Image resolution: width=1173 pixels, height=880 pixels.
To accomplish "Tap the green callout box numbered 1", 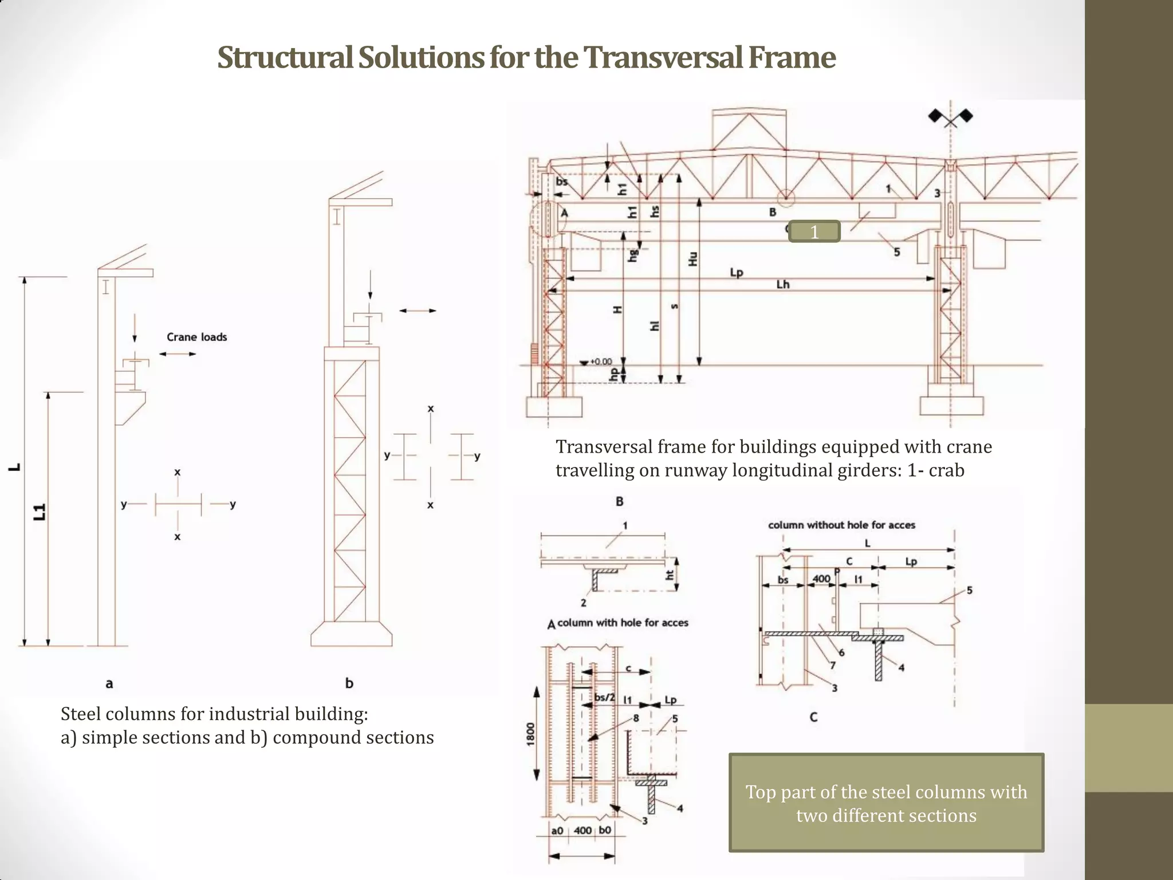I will click(814, 231).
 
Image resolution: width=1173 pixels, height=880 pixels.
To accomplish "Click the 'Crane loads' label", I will click(196, 337).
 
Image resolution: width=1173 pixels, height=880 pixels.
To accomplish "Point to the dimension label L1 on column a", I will click(40, 512).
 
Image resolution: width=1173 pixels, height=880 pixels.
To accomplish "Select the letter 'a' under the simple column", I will click(109, 683).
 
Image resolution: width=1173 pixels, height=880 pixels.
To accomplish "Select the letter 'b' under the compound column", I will click(349, 683).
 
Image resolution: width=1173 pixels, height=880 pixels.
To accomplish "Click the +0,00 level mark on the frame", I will click(600, 362).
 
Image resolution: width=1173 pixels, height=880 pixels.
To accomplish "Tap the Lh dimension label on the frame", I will click(782, 285).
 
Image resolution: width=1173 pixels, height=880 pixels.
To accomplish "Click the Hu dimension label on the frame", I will click(692, 258).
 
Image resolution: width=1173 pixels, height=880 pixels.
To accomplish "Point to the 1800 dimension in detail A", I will click(530, 734).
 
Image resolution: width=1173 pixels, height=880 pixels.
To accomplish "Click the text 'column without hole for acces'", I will click(841, 525).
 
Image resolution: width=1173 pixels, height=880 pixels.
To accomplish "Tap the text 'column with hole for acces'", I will click(622, 623).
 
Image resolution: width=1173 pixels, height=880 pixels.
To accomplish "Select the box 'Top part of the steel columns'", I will click(885, 803).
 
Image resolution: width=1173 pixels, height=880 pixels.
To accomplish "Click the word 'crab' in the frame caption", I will click(946, 470).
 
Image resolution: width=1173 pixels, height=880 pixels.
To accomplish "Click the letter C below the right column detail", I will click(813, 717).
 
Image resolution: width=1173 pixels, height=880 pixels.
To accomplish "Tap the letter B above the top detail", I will click(619, 501).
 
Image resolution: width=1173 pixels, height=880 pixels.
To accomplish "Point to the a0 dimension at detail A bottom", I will click(557, 830).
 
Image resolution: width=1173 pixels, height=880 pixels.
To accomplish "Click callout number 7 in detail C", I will click(832, 665).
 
